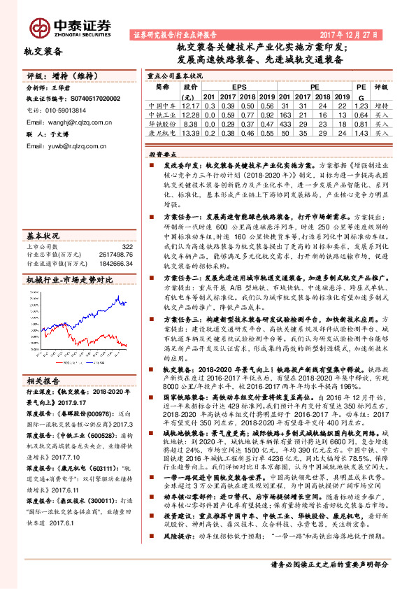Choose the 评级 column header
381,87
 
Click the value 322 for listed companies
127,246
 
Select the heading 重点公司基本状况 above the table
175,74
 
